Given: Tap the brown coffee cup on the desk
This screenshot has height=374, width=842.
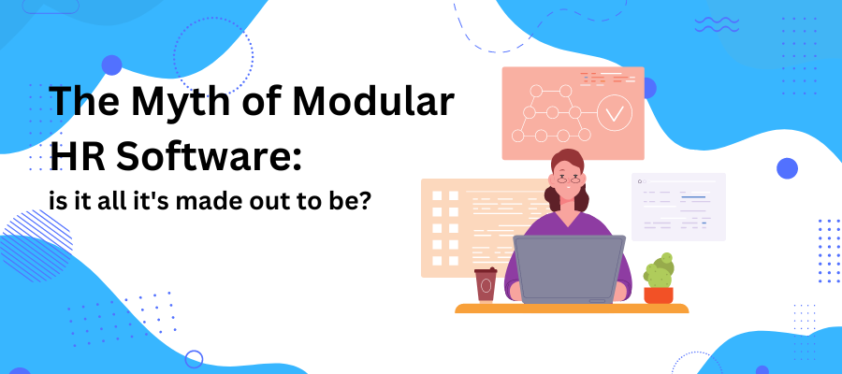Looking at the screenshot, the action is pos(486,285).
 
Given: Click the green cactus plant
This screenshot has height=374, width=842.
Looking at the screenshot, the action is pos(659,270).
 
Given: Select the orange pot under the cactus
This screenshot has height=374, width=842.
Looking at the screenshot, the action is pos(659,295).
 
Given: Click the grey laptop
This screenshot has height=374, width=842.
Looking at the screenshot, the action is pos(569,269).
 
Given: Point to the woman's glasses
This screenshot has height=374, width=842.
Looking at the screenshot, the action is pos(568,180).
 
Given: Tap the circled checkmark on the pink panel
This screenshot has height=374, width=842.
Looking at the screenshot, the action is pos(615,113).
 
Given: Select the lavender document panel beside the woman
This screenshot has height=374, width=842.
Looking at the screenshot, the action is pos(679,207).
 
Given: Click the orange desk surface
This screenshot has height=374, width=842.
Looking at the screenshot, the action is pos(572,308).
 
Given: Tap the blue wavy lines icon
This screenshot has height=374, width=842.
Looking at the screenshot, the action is pos(717,24).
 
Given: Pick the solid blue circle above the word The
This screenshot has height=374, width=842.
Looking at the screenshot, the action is pos(111,65).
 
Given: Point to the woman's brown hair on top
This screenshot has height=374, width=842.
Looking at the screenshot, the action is pos(568,160).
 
